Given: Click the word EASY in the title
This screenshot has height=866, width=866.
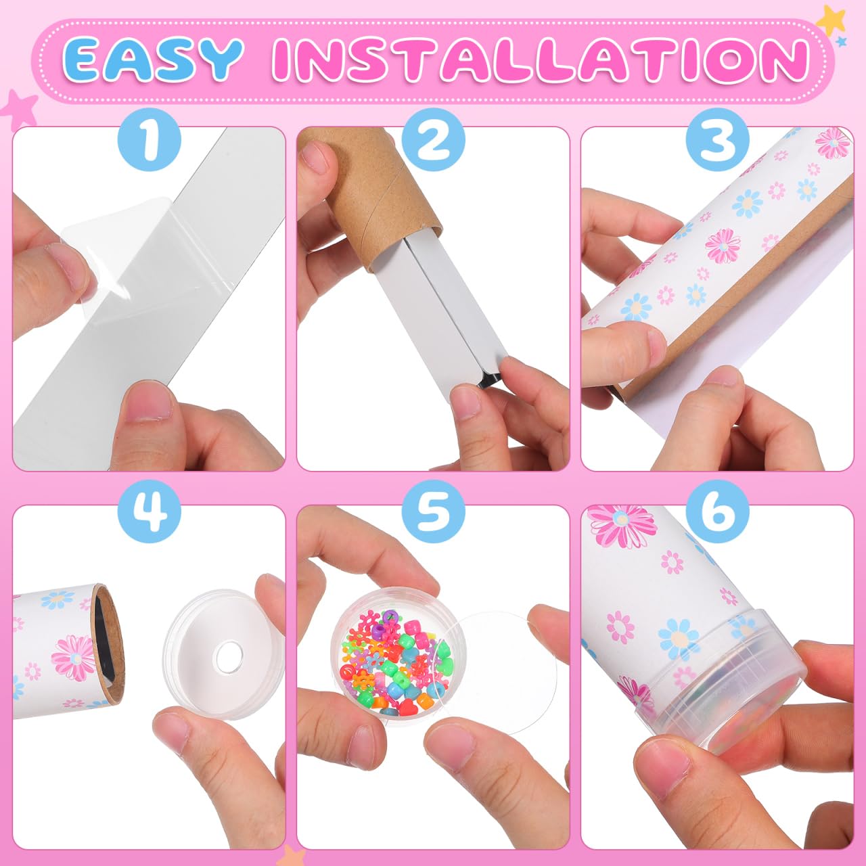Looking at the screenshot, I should pyautogui.click(x=155, y=60).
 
